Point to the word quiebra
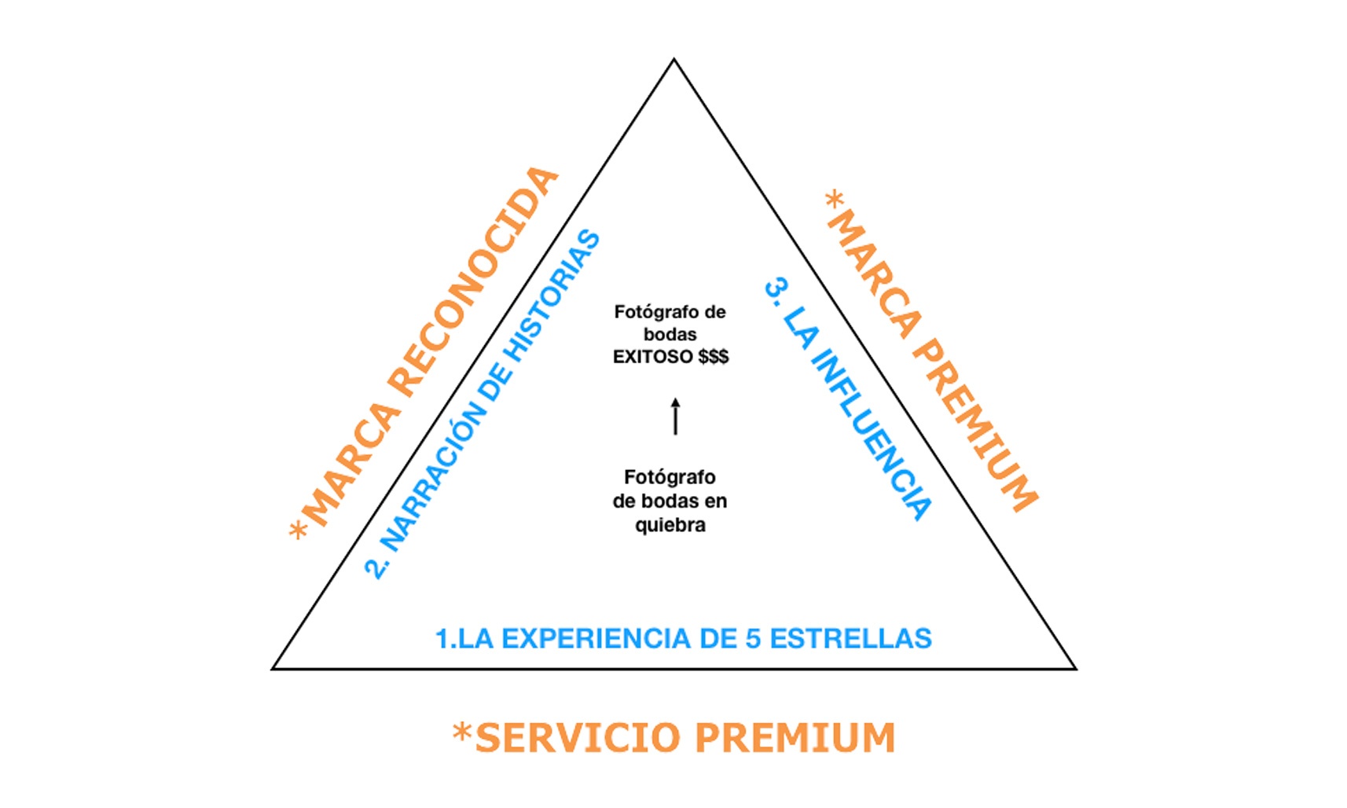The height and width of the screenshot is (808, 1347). [670, 525]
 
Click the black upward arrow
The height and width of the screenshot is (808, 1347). [675, 416]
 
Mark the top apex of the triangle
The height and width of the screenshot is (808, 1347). [674, 60]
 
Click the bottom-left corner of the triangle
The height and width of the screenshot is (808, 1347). [273, 669]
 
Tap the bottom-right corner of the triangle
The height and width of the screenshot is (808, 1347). [1075, 669]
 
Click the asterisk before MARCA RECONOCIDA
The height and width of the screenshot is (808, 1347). [298, 532]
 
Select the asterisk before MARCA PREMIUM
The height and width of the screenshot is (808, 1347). [835, 199]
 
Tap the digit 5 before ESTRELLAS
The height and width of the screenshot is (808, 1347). [753, 638]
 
